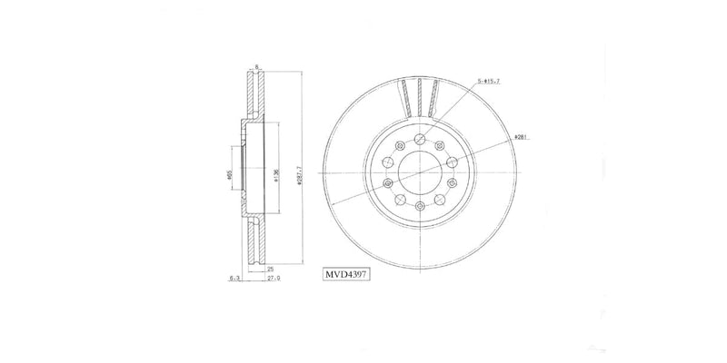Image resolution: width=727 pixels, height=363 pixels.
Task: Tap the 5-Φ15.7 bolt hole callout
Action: point(488,83)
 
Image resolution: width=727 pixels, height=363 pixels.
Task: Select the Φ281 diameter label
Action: point(521,137)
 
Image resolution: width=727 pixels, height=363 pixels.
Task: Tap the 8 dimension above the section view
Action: point(257,65)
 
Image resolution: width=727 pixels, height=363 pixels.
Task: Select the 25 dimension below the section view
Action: point(269,270)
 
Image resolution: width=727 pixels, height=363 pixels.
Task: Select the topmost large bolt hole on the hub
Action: point(418,139)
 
